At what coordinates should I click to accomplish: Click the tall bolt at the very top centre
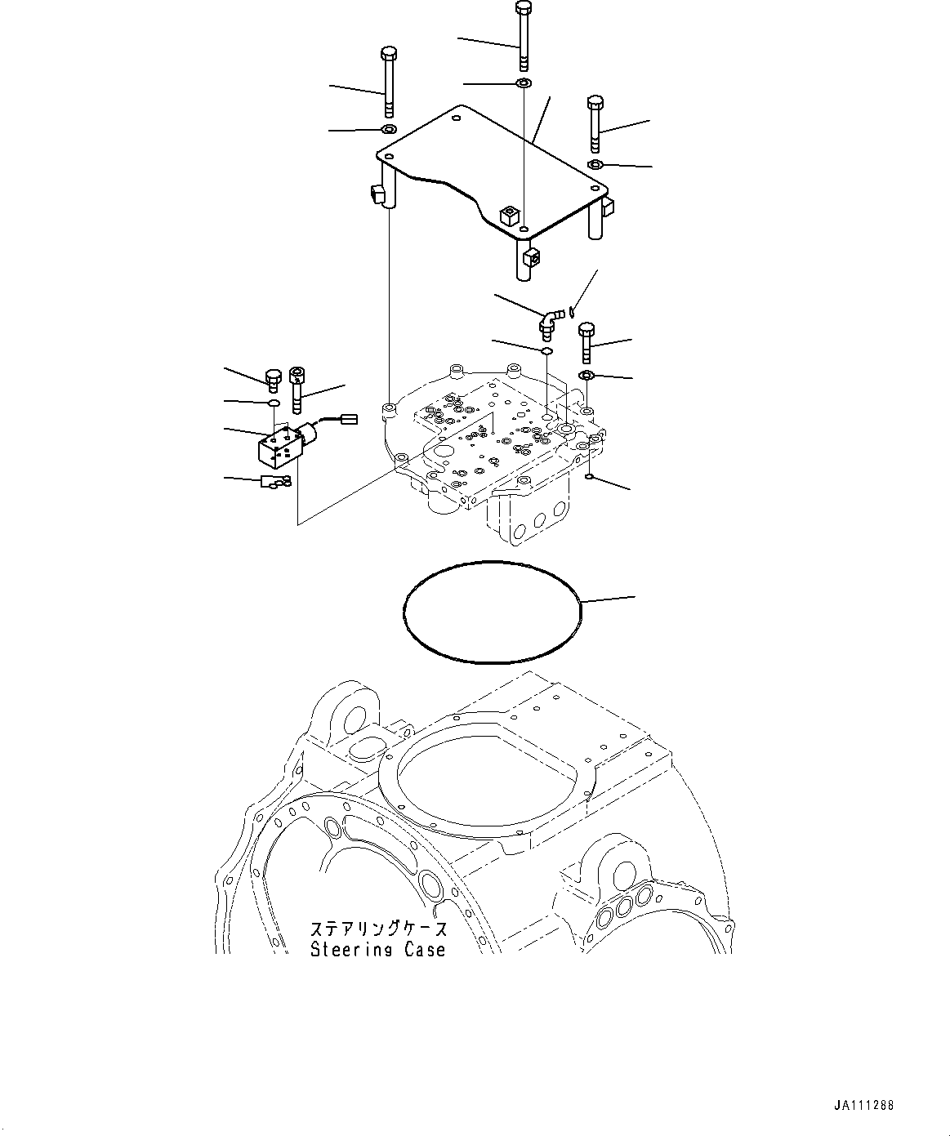click(x=523, y=37)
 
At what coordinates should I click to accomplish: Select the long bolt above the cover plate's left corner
click(x=389, y=82)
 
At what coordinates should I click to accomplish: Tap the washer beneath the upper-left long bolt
click(x=389, y=130)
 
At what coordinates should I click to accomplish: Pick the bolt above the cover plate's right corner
click(x=595, y=123)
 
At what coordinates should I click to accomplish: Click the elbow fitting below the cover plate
click(x=549, y=320)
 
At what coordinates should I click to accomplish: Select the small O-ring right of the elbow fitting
click(x=574, y=310)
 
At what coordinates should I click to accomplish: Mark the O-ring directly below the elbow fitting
click(x=546, y=350)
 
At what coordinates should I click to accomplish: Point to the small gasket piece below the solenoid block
click(x=273, y=483)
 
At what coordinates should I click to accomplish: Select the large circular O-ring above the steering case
click(x=493, y=610)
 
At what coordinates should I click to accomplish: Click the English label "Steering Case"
click(x=378, y=949)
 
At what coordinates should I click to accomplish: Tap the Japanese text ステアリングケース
click(x=378, y=929)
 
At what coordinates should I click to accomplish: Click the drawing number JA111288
click(x=864, y=1105)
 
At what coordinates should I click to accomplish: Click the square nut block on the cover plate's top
click(x=510, y=216)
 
